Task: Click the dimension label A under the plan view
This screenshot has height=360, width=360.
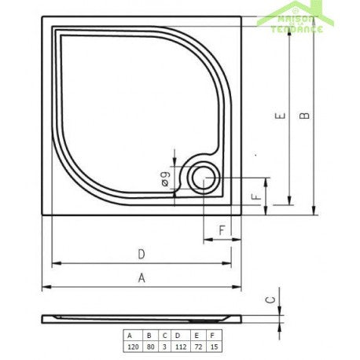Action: [141, 277]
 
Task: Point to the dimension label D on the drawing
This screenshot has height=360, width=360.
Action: [141, 253]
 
